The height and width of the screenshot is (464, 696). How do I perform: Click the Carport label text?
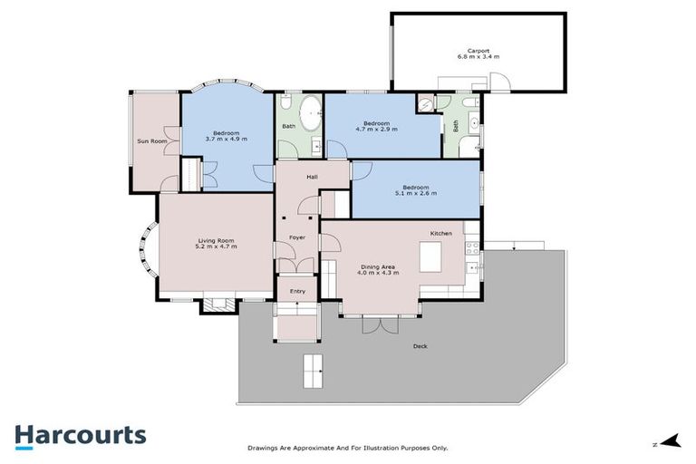point(478,50)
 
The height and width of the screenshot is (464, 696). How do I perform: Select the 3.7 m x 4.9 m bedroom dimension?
point(215,139)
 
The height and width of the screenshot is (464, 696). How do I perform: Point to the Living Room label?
point(217,239)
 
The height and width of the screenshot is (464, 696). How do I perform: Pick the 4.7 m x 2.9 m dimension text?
point(376,130)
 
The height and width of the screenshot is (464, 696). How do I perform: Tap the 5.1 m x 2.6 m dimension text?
point(415,194)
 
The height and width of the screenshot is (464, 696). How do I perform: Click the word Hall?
point(312,178)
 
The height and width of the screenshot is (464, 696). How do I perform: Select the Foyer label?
point(297,237)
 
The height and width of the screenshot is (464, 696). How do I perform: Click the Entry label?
point(297,291)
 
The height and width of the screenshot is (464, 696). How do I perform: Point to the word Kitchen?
point(441,234)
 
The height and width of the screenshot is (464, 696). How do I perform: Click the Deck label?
point(420,346)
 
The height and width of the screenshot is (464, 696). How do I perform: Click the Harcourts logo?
point(80,435)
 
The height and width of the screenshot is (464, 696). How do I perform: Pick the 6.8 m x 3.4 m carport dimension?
point(478,57)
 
